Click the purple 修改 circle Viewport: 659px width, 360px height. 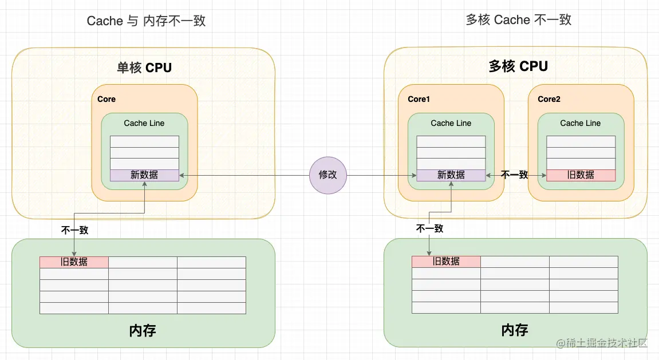(328, 175)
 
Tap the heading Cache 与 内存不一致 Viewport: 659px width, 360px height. (146, 21)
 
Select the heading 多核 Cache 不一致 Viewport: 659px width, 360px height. (518, 20)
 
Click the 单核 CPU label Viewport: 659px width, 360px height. (144, 68)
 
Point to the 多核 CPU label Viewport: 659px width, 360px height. (518, 66)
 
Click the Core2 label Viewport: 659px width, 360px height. (548, 99)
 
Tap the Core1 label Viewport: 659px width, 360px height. (419, 99)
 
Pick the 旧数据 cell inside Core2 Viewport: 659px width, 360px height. (581, 175)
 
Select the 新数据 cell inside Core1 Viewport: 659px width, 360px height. (451, 175)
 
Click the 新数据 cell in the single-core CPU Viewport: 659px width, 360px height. (144, 175)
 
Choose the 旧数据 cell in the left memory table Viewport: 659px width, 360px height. (74, 262)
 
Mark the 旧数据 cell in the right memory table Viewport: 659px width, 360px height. (446, 261)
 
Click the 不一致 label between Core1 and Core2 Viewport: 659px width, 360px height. (514, 175)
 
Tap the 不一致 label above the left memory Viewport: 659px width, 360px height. (74, 231)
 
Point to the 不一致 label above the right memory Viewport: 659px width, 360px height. (429, 228)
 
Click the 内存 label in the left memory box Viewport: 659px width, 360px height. (143, 330)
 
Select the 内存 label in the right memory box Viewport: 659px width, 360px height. (515, 330)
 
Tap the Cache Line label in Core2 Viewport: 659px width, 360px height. (581, 123)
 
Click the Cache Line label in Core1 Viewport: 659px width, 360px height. (451, 123)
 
